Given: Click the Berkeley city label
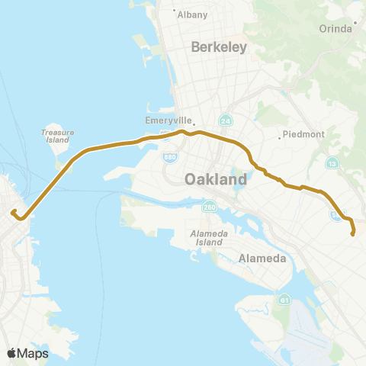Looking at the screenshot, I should click(220, 47).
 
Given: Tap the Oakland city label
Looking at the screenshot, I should click(216, 180).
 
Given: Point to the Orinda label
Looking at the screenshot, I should click(336, 28).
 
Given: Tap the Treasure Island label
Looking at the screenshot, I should click(57, 136).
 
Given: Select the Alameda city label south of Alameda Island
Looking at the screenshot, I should click(262, 258).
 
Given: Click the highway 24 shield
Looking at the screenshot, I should click(226, 120).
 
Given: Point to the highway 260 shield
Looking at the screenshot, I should click(210, 206).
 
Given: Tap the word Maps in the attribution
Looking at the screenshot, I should click(34, 353).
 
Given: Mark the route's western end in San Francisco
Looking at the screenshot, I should click(13, 213).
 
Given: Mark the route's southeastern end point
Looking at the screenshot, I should click(352, 234).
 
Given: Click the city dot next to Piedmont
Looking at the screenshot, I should click(280, 137).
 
